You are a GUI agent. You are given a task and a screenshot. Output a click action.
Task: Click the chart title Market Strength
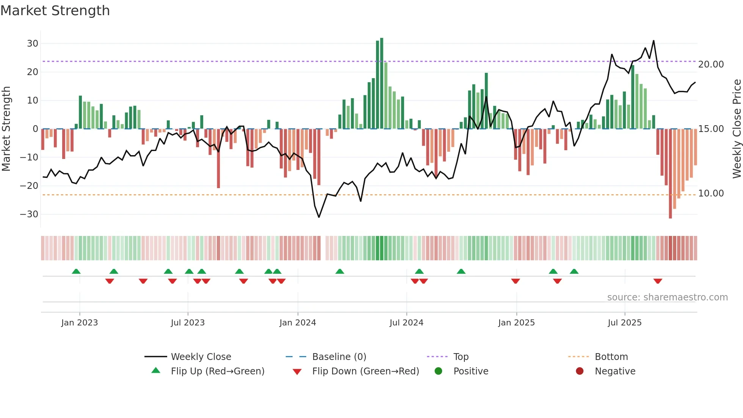(x=55, y=11)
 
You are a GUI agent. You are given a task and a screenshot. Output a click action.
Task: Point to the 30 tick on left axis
(x=33, y=44)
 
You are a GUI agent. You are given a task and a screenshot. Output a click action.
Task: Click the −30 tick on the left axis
(x=30, y=214)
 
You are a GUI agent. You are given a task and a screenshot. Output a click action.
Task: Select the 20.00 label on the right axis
(x=711, y=64)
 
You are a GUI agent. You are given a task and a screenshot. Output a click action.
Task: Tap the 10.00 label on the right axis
(x=711, y=193)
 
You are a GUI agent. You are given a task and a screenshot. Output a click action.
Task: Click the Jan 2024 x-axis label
(x=298, y=323)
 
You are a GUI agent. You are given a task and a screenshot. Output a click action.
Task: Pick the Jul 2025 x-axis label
(x=624, y=323)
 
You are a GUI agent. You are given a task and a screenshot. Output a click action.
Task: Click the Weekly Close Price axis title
(x=737, y=129)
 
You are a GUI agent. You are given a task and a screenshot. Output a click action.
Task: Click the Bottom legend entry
(x=611, y=357)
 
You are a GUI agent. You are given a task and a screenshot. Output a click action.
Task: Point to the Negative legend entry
(x=615, y=371)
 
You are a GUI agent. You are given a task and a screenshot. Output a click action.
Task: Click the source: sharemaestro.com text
(x=667, y=297)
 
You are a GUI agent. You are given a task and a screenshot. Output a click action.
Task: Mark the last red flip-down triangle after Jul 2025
(x=658, y=281)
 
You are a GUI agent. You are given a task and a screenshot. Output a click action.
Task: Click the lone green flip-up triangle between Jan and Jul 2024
(x=340, y=271)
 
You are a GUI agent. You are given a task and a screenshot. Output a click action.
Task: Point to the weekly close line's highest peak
(x=654, y=41)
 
